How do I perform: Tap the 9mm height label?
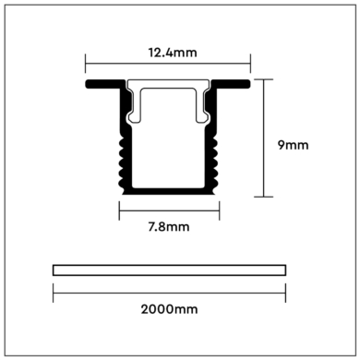(293, 144)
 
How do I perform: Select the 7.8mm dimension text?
(169, 226)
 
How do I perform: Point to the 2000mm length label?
(169, 310)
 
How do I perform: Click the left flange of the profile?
(101, 86)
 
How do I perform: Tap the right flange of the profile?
(236, 86)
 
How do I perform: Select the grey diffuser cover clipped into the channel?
(168, 95)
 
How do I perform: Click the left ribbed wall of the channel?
(120, 152)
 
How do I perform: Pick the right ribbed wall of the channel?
(219, 152)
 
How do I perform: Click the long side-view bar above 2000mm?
(169, 270)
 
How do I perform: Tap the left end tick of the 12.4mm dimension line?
(86, 65)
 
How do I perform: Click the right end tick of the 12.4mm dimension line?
(252, 65)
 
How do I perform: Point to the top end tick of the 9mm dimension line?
(266, 80)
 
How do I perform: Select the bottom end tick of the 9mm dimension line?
(266, 196)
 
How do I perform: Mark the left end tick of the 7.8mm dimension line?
(119, 210)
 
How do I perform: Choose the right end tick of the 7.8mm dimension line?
(220, 210)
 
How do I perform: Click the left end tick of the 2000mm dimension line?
(53, 292)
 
